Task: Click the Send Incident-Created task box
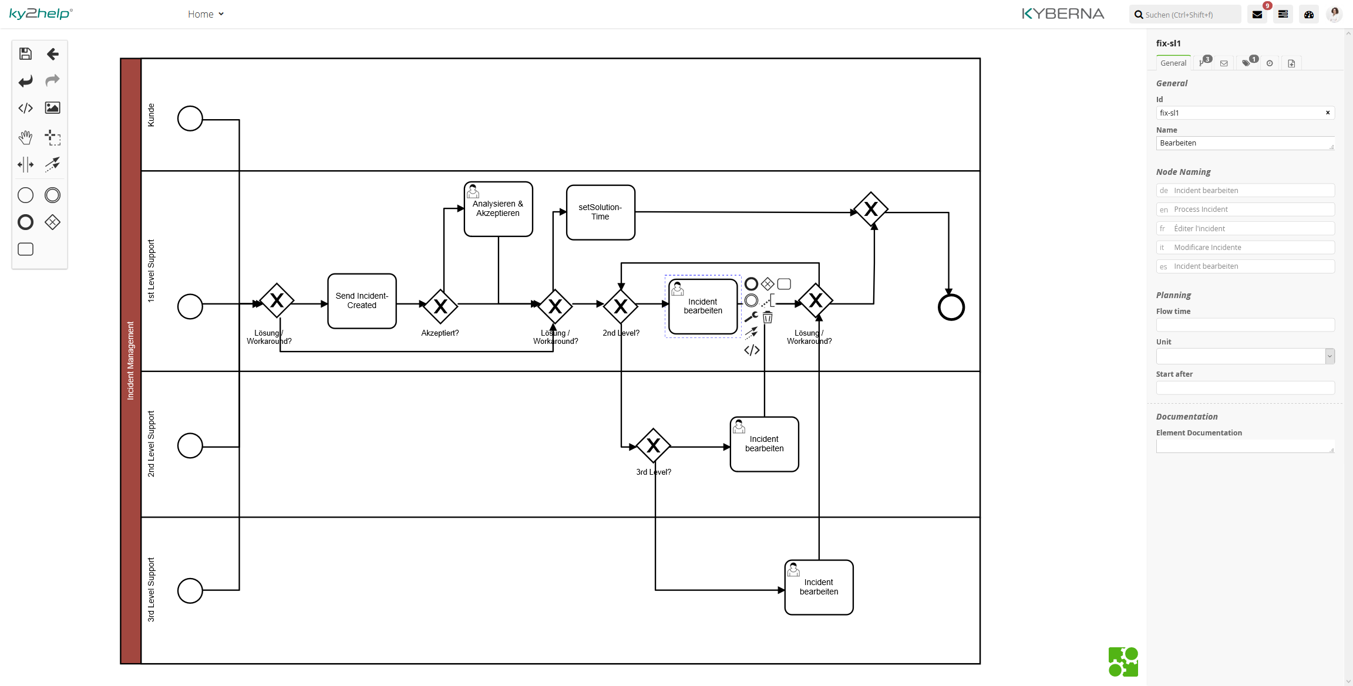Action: (x=362, y=301)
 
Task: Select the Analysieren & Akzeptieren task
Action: (x=498, y=209)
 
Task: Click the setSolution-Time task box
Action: (x=600, y=212)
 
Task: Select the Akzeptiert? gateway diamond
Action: (x=440, y=306)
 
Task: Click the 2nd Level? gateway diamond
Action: (x=621, y=306)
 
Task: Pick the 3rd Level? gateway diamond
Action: (x=653, y=446)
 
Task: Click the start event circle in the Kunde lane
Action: (x=190, y=119)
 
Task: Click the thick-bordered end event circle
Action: (x=951, y=307)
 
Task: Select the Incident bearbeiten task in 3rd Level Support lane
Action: (x=819, y=587)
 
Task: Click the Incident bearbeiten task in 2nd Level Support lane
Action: (x=764, y=444)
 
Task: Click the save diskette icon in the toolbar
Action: (x=25, y=54)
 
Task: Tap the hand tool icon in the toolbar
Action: (x=25, y=138)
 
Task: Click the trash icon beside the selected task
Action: (x=768, y=317)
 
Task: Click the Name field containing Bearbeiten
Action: (x=1242, y=143)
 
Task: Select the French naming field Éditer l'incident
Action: (x=1245, y=228)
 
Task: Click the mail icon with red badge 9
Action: (x=1257, y=15)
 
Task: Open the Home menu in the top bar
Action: (x=206, y=14)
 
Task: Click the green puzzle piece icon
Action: (x=1123, y=662)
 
